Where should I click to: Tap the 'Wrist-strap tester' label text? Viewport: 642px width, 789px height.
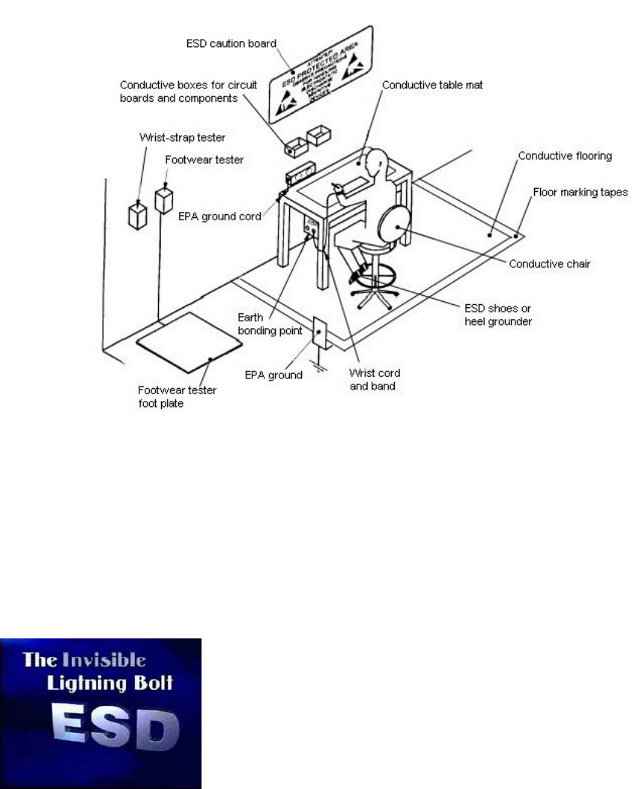point(175,137)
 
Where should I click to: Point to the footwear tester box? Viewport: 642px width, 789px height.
point(164,200)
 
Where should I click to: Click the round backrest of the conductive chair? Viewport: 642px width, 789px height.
point(395,222)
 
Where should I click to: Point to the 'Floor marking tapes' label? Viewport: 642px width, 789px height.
point(584,192)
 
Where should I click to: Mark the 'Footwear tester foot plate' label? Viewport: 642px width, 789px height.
point(174,395)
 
